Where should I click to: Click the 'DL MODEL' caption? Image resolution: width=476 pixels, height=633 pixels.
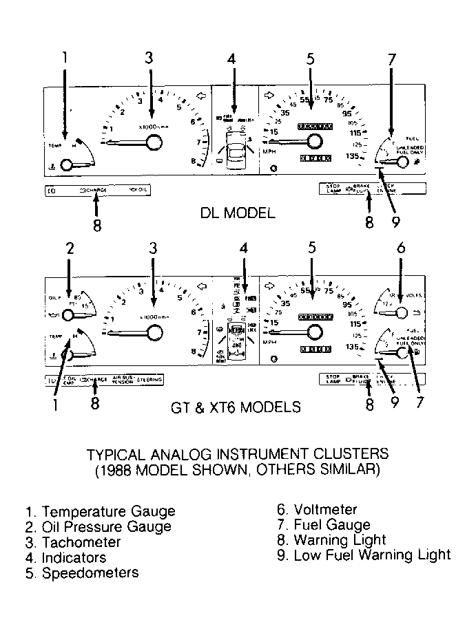[238, 213]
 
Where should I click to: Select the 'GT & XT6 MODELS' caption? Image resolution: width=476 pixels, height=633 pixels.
[236, 407]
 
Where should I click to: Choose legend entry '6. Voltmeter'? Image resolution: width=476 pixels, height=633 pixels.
[317, 510]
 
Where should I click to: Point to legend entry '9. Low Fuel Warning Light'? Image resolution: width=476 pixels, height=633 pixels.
[364, 555]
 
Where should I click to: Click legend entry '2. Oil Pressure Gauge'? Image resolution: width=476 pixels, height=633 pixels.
[98, 527]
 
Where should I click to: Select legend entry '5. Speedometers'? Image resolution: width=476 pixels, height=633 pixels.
[81, 572]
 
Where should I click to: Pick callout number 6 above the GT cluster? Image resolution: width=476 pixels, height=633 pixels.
[400, 248]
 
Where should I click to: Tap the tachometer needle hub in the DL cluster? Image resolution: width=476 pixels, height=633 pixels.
[155, 142]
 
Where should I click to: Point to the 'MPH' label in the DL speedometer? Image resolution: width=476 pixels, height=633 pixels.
[269, 151]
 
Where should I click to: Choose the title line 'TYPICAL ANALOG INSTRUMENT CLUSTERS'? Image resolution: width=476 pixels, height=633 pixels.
[238, 454]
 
